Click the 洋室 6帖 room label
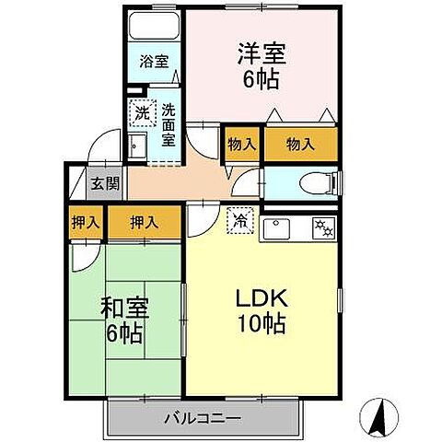263,64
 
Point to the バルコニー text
203,418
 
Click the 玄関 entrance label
104,182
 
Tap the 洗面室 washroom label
169,125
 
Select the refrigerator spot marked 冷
238,221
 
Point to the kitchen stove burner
323,227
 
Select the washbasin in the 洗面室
138,145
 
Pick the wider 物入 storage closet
301,145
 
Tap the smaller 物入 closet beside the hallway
243,145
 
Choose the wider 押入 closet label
144,222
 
